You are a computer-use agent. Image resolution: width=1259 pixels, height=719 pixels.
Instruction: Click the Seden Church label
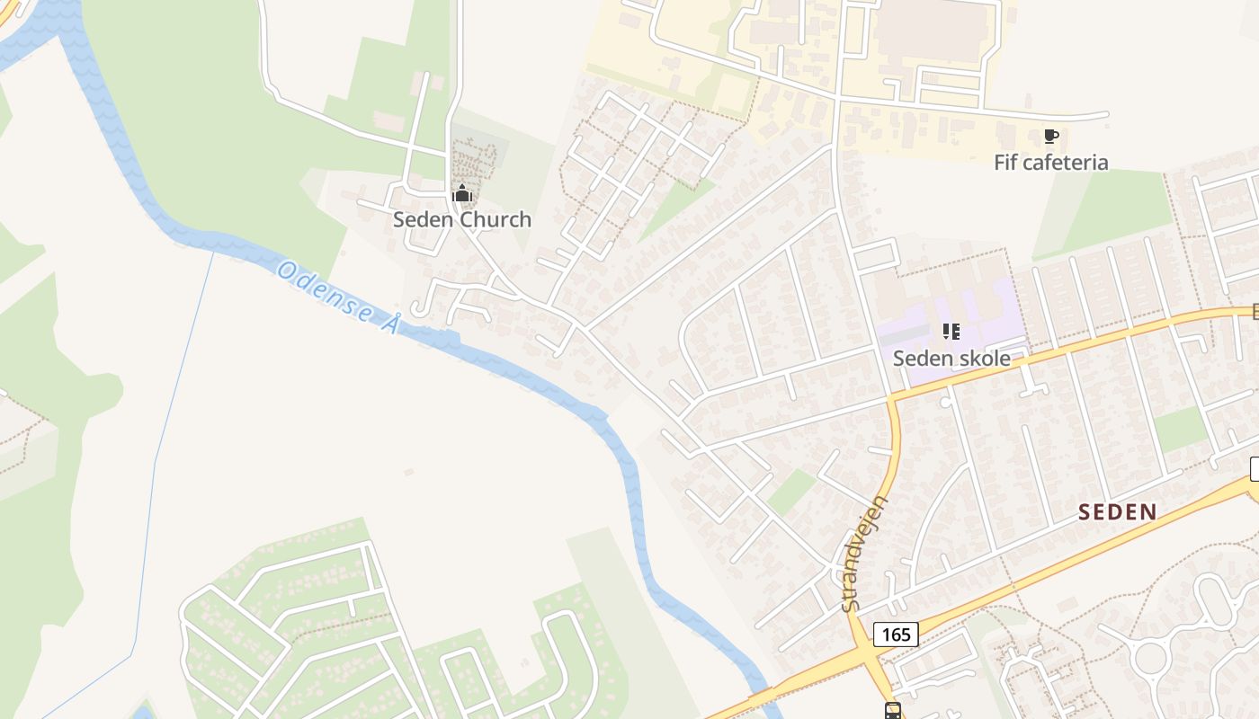point(461,219)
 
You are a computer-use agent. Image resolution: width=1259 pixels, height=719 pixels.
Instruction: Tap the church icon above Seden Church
point(461,193)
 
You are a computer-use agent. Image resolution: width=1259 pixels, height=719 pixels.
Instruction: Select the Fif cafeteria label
point(1050,163)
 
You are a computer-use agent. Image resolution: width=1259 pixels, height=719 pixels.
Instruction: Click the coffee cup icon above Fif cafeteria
point(1050,137)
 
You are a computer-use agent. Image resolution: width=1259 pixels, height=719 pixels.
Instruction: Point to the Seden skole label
point(951,358)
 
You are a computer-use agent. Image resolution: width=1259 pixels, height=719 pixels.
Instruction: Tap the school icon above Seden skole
point(951,332)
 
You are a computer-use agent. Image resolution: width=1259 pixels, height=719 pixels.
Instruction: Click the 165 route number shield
point(896,635)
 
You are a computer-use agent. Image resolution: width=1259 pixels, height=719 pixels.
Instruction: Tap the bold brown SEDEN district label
point(1117,512)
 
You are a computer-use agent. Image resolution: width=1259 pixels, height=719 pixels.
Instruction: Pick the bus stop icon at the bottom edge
point(893,711)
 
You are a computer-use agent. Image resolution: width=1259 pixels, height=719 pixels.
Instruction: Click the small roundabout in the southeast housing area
point(1150,658)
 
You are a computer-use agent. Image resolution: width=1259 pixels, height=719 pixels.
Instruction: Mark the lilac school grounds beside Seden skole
point(989,315)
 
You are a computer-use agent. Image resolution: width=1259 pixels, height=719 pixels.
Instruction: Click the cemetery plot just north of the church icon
point(473,159)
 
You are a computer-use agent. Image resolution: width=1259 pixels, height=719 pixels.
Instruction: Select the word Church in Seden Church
point(496,219)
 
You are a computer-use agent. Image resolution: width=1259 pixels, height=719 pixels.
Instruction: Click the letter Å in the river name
point(388,324)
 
